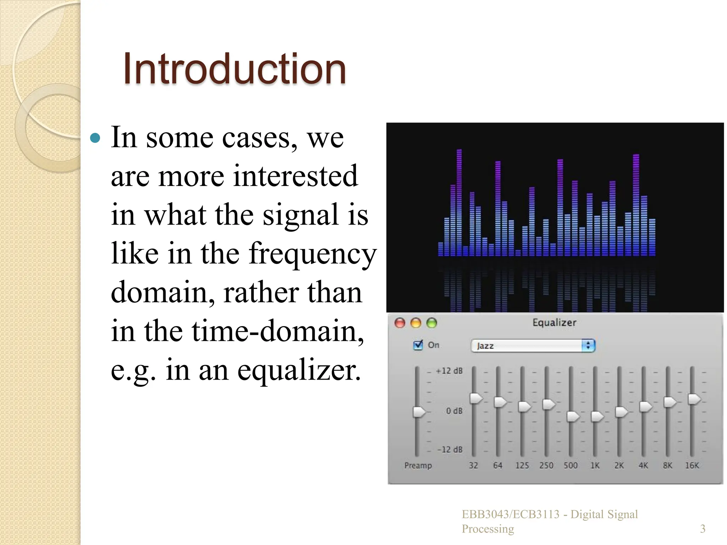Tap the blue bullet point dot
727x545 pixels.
[x=95, y=138]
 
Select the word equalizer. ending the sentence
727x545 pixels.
[x=299, y=370]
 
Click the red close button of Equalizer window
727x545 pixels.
[x=400, y=323]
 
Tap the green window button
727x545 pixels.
[x=432, y=323]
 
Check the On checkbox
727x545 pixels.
[x=418, y=345]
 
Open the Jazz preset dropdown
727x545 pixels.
[x=532, y=346]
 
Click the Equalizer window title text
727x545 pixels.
[x=554, y=323]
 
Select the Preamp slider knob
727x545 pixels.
[x=419, y=412]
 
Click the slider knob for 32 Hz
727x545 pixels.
[x=476, y=398]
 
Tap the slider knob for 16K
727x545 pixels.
[x=694, y=399]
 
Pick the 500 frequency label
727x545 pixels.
[x=570, y=466]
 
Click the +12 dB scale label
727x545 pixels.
[x=449, y=371]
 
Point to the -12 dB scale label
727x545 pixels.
[x=449, y=450]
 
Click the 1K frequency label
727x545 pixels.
[x=595, y=466]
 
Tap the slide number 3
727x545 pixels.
[x=703, y=529]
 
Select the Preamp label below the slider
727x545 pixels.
[x=418, y=466]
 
